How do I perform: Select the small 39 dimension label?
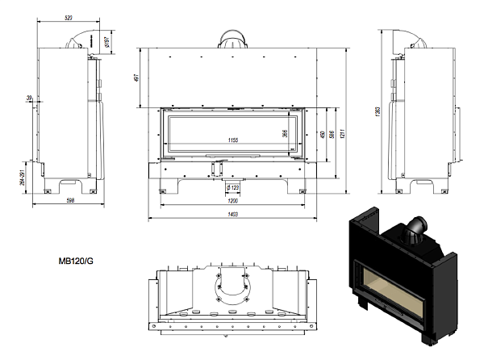(x=29, y=98)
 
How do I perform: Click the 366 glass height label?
(x=285, y=134)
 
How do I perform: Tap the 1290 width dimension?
(x=233, y=201)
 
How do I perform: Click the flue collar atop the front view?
(x=232, y=40)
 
